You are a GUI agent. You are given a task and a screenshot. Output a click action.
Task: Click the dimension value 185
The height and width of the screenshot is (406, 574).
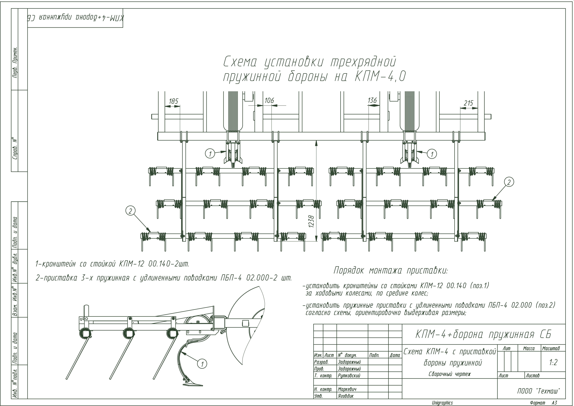173,101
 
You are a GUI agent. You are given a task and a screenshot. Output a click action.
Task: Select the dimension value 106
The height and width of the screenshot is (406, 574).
269,100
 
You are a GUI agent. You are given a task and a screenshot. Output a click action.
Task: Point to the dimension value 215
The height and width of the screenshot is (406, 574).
468,103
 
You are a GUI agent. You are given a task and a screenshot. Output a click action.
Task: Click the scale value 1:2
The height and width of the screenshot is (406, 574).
553,363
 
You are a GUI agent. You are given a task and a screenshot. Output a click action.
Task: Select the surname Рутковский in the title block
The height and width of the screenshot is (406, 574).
349,375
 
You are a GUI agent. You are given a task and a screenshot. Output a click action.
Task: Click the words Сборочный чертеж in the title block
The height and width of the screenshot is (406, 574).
450,374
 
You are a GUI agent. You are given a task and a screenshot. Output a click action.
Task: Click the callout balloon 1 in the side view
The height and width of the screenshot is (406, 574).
202,364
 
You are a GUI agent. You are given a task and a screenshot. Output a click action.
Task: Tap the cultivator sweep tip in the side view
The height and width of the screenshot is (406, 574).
193,385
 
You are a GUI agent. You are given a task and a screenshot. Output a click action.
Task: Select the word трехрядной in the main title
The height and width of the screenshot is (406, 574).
363,62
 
